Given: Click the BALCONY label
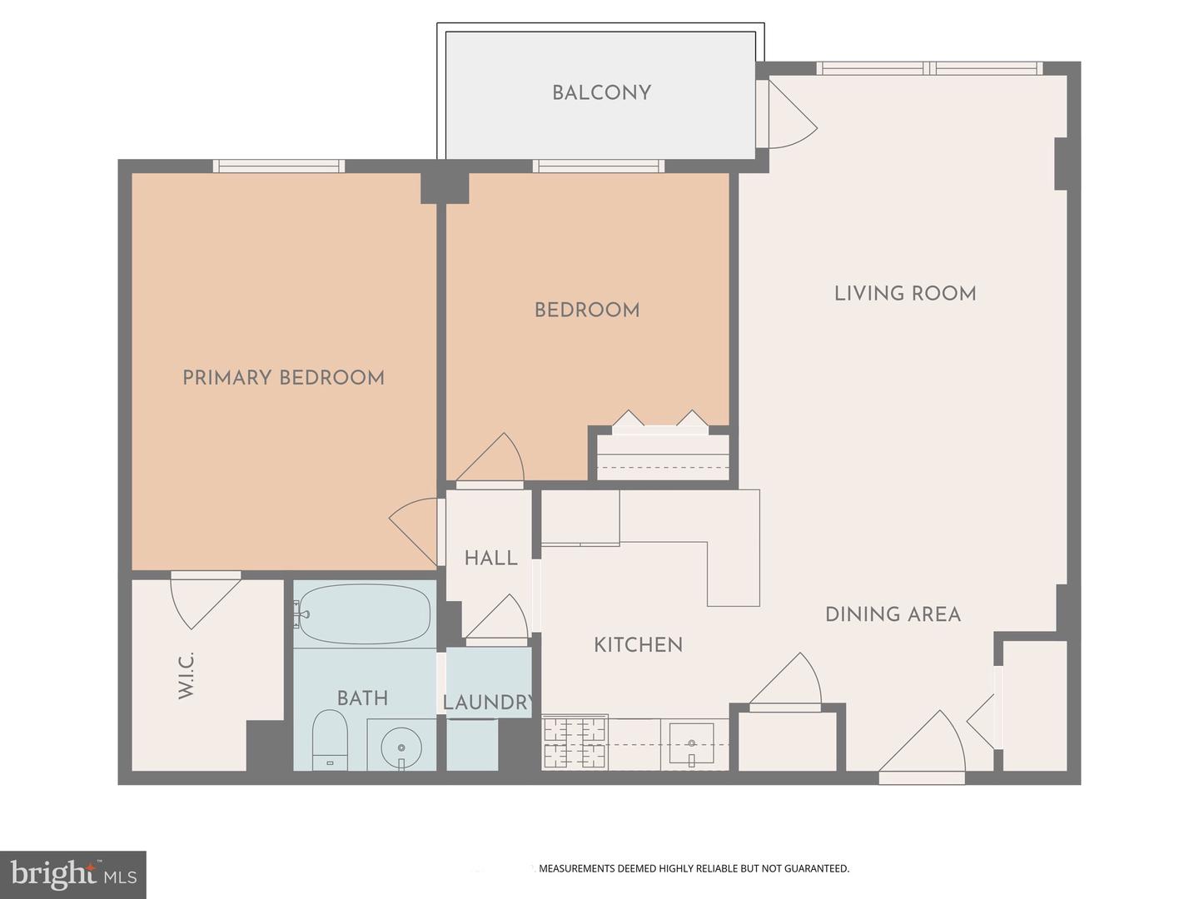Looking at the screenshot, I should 601,92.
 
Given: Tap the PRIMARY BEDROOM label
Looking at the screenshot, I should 283,378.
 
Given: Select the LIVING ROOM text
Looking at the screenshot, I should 905,293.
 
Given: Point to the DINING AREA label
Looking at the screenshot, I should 893,614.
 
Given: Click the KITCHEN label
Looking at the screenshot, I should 638,644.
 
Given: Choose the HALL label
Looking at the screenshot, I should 490,558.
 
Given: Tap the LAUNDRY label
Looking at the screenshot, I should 488,703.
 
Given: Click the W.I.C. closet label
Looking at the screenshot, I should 186,675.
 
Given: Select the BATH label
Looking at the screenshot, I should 362,698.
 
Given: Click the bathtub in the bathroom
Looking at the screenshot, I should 364,614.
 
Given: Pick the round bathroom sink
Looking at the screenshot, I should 401,743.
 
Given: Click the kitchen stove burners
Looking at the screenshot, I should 575,743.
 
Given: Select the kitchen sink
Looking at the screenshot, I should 691,743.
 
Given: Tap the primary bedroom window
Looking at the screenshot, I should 279,166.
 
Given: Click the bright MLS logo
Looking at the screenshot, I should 73,874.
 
